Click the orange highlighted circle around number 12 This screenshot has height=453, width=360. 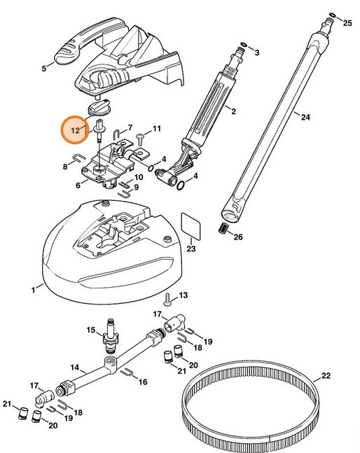(x=75, y=130)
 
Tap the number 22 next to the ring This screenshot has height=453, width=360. (x=326, y=376)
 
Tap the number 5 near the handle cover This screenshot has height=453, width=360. (x=43, y=68)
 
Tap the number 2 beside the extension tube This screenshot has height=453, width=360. (x=233, y=111)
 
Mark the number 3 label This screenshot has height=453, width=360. (x=256, y=53)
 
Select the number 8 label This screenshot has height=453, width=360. (x=65, y=167)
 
